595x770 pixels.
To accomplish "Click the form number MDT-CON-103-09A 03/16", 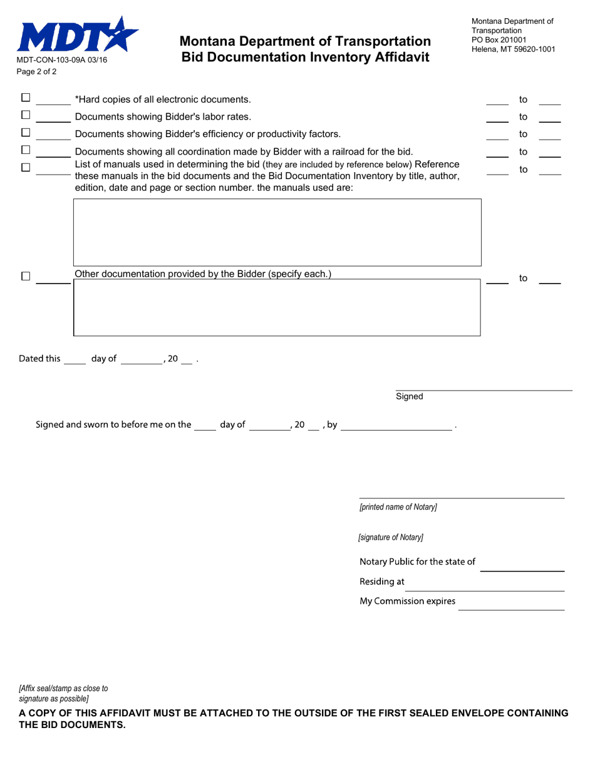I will click(x=61, y=60).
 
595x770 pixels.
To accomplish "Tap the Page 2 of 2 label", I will click(x=36, y=71).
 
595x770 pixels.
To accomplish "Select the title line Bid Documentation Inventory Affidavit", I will click(x=305, y=58).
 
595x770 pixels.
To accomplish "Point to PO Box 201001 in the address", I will click(x=499, y=39).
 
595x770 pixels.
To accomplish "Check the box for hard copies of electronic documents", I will click(x=26, y=98).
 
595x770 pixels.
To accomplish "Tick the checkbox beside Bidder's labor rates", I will click(x=26, y=115).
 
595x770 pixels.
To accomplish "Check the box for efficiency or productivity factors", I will click(x=26, y=133).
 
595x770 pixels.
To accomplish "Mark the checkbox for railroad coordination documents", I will click(x=26, y=150).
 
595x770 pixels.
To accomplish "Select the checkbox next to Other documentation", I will click(x=26, y=276).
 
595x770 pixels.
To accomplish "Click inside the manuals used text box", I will click(x=277, y=232).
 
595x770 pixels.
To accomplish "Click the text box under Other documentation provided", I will click(x=277, y=308).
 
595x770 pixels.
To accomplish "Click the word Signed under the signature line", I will click(x=410, y=396).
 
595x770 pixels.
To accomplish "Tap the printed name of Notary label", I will click(x=398, y=507).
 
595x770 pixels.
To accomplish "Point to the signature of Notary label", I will click(x=391, y=537).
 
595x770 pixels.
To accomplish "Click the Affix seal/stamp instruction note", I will click(x=63, y=693).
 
